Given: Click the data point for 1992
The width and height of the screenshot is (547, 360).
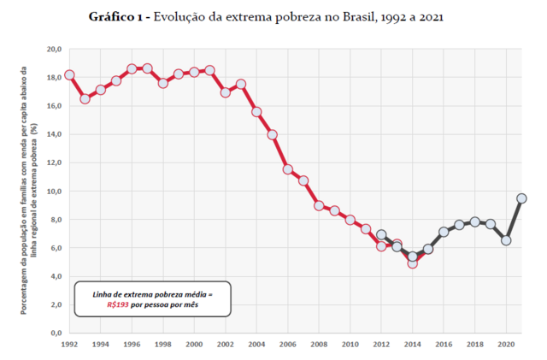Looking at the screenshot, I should pyautogui.click(x=69, y=75).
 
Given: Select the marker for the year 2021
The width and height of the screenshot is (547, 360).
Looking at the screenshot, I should pyautogui.click(x=521, y=198).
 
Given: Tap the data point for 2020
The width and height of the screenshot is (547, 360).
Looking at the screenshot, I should pyautogui.click(x=506, y=240).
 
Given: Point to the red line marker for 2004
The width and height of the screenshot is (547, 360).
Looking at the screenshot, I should pyautogui.click(x=256, y=112).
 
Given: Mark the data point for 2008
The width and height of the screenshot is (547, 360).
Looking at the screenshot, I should pyautogui.click(x=319, y=205).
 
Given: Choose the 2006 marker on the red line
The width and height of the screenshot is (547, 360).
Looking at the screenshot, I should pyautogui.click(x=288, y=169).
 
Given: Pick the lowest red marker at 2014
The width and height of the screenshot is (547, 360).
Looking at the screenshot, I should pyautogui.click(x=412, y=263).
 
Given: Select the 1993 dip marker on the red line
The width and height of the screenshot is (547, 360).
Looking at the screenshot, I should pyautogui.click(x=85, y=99).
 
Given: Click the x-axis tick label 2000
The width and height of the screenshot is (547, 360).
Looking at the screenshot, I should pyautogui.click(x=194, y=345).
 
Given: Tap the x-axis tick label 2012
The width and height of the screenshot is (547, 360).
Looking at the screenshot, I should pyautogui.click(x=381, y=345).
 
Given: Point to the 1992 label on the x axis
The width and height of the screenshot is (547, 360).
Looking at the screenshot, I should pyautogui.click(x=69, y=345).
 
